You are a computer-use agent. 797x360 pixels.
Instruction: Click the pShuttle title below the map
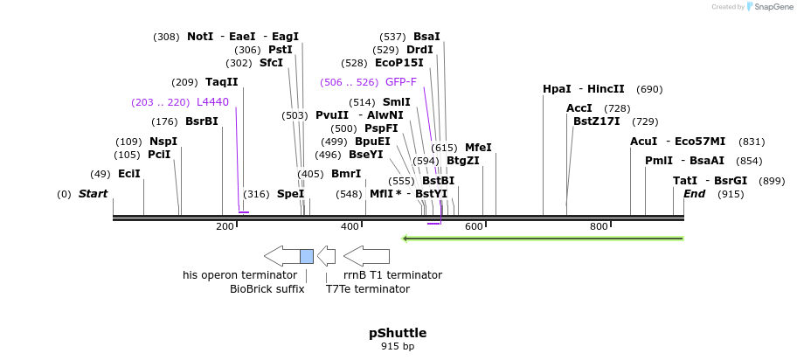coord(398,333)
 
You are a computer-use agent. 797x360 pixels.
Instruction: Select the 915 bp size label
coord(398,347)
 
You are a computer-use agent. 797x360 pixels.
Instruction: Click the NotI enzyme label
coord(200,37)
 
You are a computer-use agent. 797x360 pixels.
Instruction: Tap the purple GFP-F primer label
coord(401,82)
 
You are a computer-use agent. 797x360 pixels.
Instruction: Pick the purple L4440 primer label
coord(212,102)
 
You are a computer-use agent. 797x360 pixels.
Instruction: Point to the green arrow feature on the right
coord(542,238)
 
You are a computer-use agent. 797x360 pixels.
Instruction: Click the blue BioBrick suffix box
coord(307,256)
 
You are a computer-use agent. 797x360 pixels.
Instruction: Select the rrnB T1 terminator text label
coord(392,275)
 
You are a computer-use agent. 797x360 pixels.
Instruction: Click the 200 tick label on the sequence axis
coord(225,227)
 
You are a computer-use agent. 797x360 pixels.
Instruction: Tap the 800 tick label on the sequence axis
coord(599,227)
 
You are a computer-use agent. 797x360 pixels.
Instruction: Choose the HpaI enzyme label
coord(557,89)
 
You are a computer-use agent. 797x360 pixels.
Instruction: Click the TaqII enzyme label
coord(222,82)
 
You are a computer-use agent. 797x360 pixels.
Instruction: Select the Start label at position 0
coord(94,193)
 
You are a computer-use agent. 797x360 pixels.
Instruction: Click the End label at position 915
coord(694,194)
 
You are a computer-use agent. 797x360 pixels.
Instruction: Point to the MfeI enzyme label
coord(478,148)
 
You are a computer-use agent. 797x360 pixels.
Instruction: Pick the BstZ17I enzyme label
coord(597,121)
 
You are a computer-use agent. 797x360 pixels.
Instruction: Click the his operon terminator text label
coord(239,275)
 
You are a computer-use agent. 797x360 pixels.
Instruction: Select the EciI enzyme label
coord(129,174)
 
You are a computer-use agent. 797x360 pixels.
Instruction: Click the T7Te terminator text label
coord(368,289)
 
